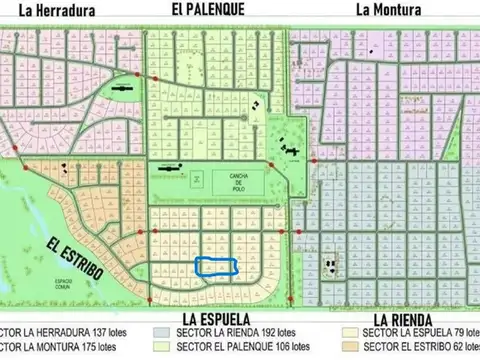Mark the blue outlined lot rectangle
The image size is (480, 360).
(x=215, y=267)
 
